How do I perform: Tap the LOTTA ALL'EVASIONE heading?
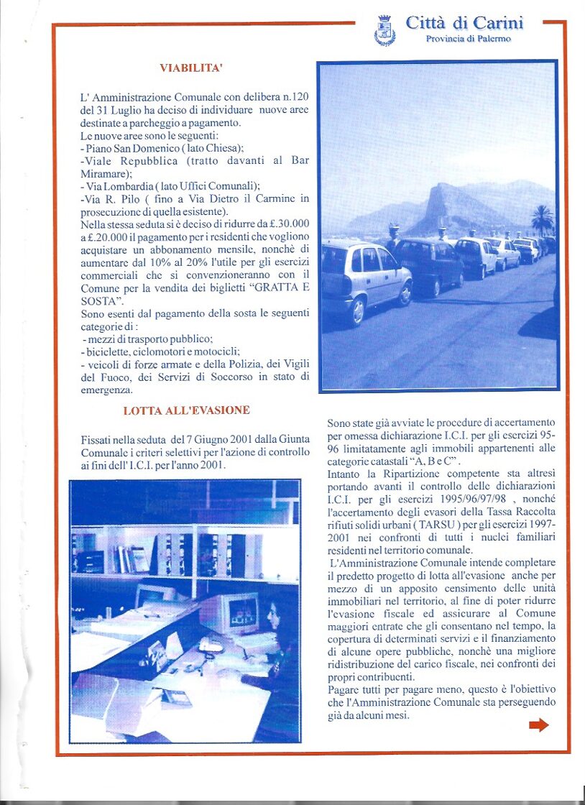186,411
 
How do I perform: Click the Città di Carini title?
464,23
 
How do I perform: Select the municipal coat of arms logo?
385,31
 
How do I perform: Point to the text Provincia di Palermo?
469,39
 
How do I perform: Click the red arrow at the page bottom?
538,725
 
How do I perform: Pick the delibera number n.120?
292,96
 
